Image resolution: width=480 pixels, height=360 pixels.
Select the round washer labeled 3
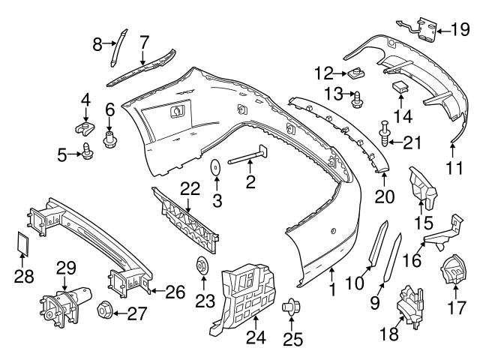click(x=214, y=167)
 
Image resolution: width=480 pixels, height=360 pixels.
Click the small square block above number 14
click(x=400, y=86)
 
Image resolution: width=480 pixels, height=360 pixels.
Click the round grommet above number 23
click(x=201, y=267)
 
